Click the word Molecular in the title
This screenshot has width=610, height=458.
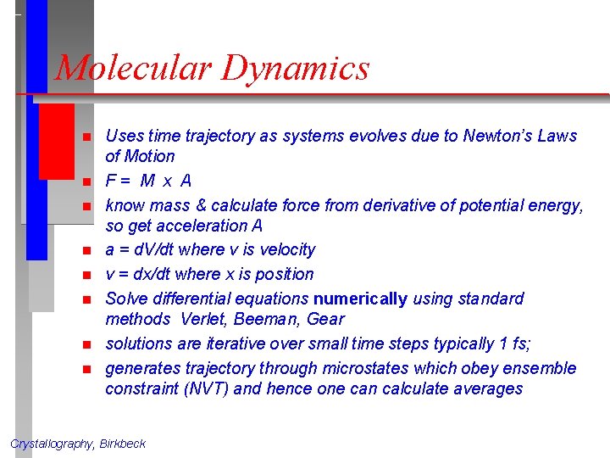pos(132,68)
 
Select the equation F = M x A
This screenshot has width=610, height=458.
pos(148,181)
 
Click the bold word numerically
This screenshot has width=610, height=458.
pos(361,299)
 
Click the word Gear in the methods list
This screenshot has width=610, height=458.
pos(327,319)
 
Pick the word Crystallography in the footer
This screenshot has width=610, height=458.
pos(52,444)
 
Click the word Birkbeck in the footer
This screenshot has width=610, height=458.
pos(123,444)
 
